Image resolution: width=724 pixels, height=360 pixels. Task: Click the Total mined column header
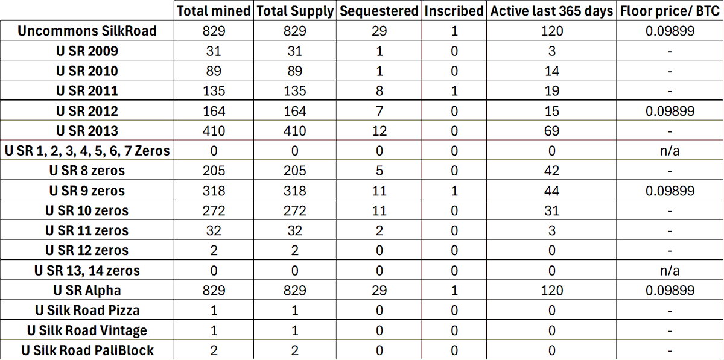214,11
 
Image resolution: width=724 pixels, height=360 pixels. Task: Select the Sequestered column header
379,11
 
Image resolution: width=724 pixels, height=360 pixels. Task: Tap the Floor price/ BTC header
670,11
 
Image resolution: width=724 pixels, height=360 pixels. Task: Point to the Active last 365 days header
551,11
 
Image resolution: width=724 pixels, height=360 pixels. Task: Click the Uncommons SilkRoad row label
87,31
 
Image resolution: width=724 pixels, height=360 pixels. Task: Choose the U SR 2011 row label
87,91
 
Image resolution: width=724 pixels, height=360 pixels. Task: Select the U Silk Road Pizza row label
87,311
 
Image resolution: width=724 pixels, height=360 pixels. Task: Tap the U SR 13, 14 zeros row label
87,271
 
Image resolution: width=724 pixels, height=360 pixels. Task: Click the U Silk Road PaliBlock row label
87,350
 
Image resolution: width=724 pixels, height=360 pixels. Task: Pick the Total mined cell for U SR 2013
214,131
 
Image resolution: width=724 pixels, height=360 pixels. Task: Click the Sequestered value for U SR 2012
379,111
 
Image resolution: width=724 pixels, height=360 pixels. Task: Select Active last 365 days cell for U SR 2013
551,131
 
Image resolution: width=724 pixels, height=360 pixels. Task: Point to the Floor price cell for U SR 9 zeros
670,191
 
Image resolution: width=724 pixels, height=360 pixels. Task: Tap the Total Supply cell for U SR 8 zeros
295,171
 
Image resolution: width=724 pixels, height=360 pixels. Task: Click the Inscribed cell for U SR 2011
454,91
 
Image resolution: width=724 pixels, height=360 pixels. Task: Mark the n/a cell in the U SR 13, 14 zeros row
670,271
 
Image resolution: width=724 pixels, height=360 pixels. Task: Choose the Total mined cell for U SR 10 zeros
214,211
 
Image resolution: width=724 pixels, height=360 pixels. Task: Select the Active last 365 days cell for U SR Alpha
551,291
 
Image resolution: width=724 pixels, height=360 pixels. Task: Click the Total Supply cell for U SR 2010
295,71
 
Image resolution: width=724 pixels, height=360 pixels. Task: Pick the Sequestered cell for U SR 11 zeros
379,231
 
